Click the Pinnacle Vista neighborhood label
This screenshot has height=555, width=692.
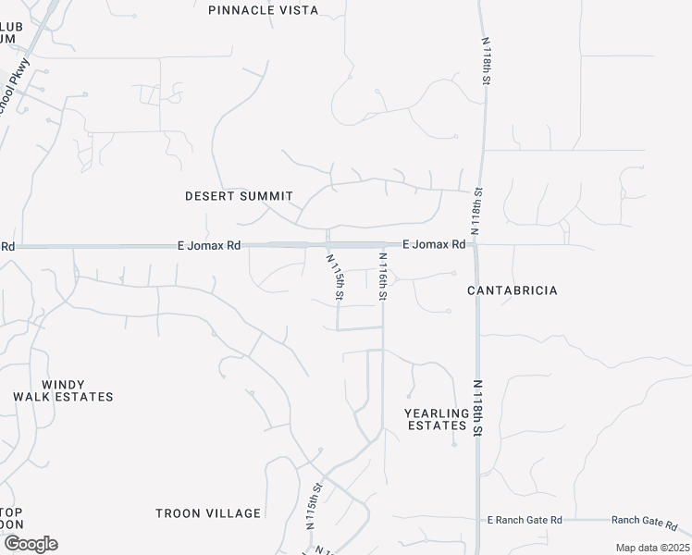(x=263, y=10)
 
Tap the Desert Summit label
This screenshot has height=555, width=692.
(x=239, y=196)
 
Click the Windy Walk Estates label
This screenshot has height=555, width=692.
(x=63, y=390)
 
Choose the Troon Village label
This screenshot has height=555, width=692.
(x=208, y=513)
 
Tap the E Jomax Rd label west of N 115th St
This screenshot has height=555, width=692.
(x=209, y=246)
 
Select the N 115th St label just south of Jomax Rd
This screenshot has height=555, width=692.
(x=336, y=277)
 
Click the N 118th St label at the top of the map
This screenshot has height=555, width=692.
(x=485, y=61)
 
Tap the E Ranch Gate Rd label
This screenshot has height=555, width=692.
(x=525, y=521)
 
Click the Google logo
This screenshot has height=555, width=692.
(x=30, y=544)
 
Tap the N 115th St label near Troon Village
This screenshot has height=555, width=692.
(x=314, y=505)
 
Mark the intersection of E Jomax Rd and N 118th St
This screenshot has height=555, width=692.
(x=476, y=245)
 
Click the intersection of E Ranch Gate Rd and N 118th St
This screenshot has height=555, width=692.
(x=477, y=521)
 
